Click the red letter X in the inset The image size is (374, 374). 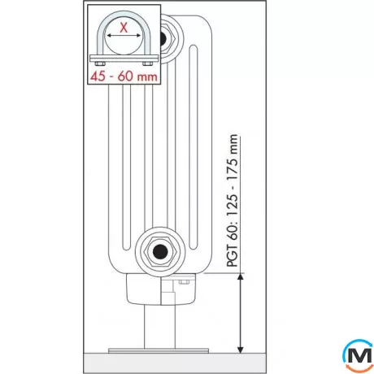click(x=123, y=28)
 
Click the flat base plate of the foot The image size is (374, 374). click(x=159, y=350)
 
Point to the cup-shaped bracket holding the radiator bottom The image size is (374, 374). click(x=159, y=289)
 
